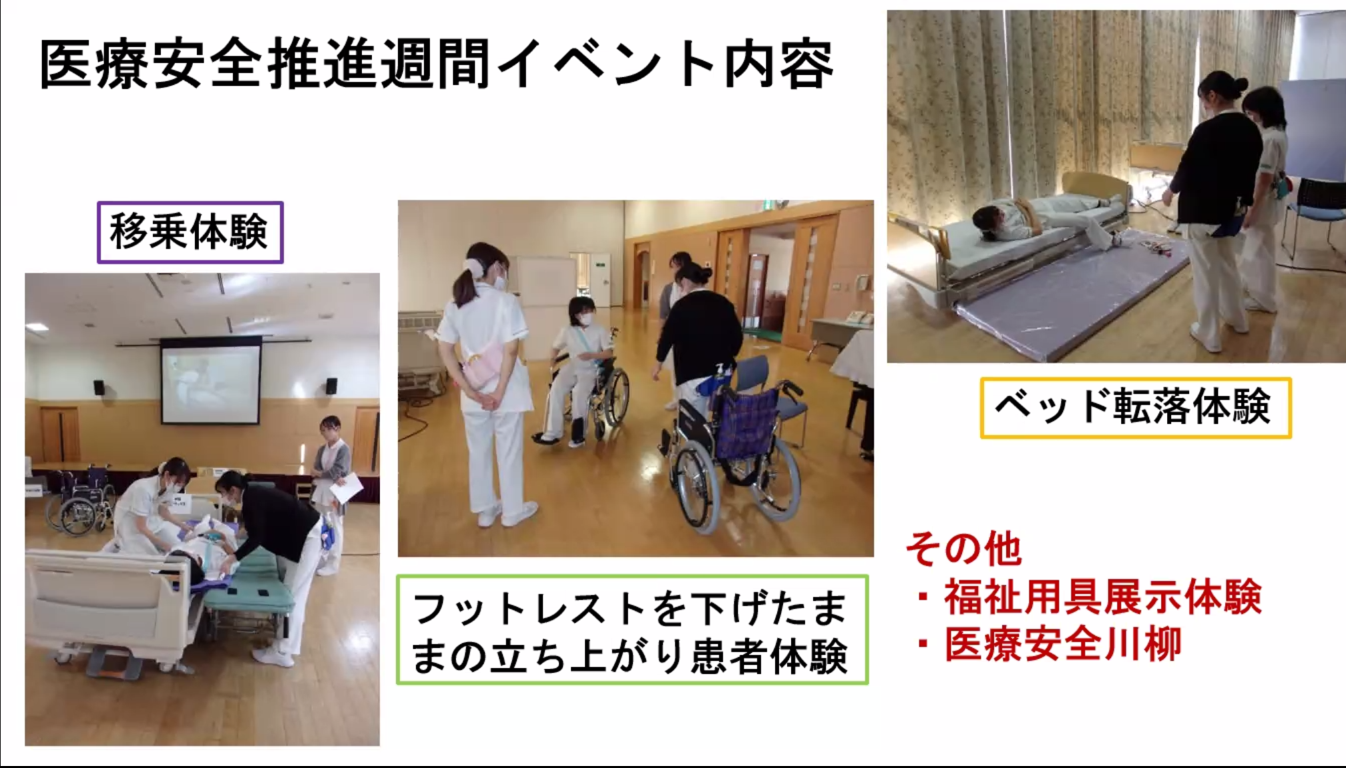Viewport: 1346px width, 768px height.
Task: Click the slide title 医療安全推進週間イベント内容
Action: click(x=437, y=64)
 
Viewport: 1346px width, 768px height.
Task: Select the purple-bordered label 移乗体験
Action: click(x=190, y=232)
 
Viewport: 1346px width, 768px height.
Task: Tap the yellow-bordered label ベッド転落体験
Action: click(x=1135, y=407)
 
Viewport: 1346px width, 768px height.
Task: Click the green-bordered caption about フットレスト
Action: click(x=632, y=630)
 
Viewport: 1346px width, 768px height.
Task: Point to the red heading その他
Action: click(x=963, y=550)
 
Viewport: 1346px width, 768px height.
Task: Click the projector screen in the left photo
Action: click(x=210, y=381)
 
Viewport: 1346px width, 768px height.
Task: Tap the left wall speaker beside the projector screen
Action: click(x=99, y=387)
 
